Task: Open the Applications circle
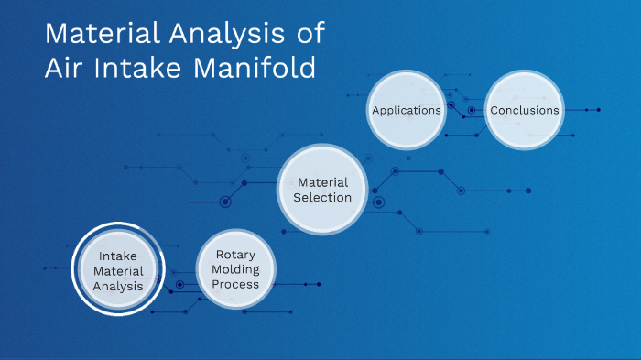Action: pos(407,110)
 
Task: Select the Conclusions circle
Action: pos(524,110)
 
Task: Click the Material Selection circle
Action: pos(323,190)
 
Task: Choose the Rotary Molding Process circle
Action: pos(236,269)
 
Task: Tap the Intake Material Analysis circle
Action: pos(118,271)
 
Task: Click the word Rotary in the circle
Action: pos(236,255)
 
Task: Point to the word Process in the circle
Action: pos(236,284)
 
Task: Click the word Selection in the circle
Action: pos(323,197)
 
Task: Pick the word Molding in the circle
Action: pos(236,269)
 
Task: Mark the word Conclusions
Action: pos(524,110)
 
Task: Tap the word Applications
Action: pos(407,110)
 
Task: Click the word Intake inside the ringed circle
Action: pos(118,256)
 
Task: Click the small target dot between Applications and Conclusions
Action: pos(472,110)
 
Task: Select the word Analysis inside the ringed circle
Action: pos(118,286)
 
